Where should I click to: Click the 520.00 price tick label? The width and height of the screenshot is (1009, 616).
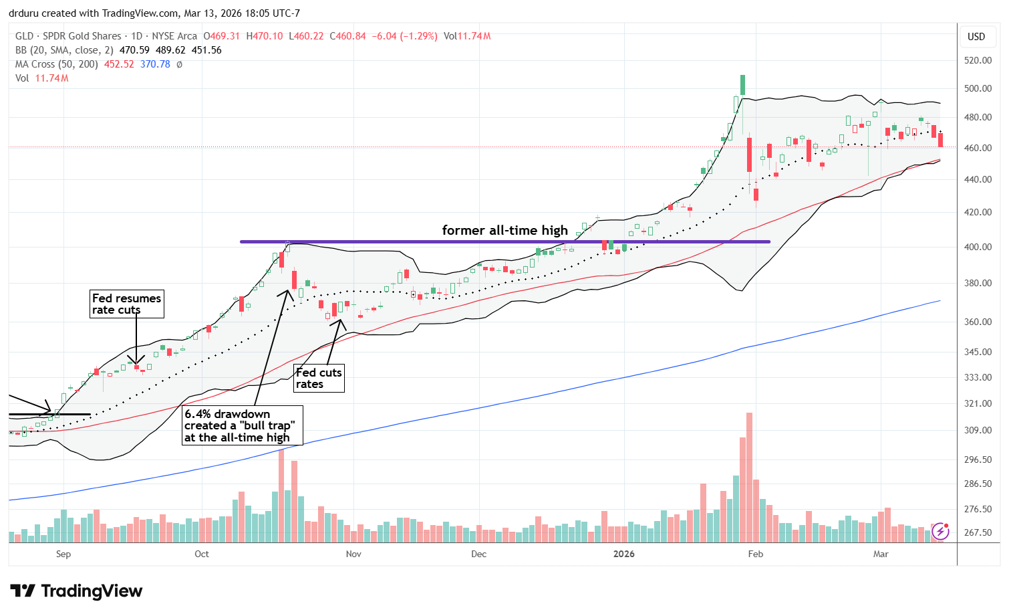point(977,60)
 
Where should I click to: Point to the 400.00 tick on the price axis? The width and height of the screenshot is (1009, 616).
point(977,247)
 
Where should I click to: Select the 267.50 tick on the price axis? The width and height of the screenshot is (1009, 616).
point(977,532)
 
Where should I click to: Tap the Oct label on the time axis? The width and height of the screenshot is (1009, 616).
point(202,554)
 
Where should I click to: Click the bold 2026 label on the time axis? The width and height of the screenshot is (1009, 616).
point(623,554)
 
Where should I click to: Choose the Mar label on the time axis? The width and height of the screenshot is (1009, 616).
point(881,554)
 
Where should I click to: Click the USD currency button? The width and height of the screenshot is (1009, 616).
point(976,37)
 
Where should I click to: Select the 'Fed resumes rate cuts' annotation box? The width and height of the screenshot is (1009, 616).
point(127,304)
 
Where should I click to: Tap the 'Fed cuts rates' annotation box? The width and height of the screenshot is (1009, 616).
point(319,378)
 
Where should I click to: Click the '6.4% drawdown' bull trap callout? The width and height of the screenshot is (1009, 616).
point(242,425)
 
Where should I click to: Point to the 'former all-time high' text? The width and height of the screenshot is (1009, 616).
point(504,230)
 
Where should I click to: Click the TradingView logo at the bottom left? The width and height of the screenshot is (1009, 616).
point(76,591)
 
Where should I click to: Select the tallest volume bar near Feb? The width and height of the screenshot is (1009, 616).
point(749,477)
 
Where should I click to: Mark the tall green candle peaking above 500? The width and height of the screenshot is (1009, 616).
point(742,85)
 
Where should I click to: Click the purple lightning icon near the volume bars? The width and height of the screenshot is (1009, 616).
point(940,531)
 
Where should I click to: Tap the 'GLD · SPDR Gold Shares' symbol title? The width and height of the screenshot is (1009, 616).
point(68,36)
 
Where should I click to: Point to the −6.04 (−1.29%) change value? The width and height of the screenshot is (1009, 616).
point(403,36)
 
